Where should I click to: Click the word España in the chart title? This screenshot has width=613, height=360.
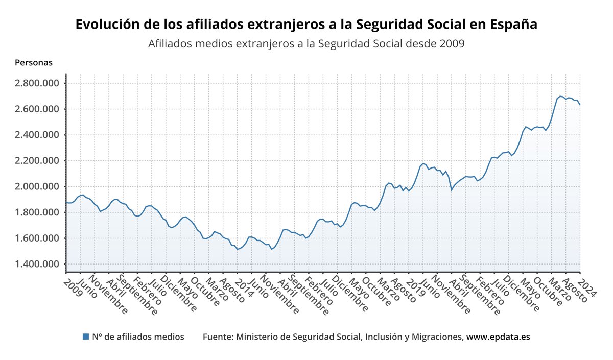(x=513, y=25)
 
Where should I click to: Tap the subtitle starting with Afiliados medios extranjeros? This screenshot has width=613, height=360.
(x=306, y=44)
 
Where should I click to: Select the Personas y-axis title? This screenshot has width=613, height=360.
(x=34, y=63)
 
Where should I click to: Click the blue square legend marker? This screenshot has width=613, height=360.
(x=85, y=337)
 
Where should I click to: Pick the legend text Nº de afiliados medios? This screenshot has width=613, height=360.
(x=138, y=337)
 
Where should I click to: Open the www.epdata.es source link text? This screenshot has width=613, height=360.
(x=498, y=337)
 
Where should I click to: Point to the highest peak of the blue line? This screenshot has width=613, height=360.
(x=561, y=96)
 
